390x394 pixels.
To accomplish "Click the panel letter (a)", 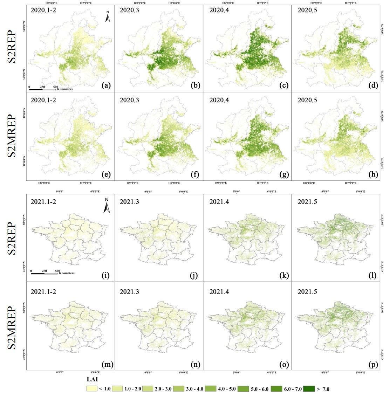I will pyautogui.click(x=105, y=85).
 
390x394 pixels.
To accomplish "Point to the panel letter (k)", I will pyautogui.click(x=284, y=275).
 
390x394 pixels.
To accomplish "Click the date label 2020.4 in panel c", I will pyautogui.click(x=220, y=10).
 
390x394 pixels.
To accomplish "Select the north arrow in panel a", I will pyautogui.click(x=108, y=17).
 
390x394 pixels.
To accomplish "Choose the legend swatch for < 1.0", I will pyautogui.click(x=92, y=389).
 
